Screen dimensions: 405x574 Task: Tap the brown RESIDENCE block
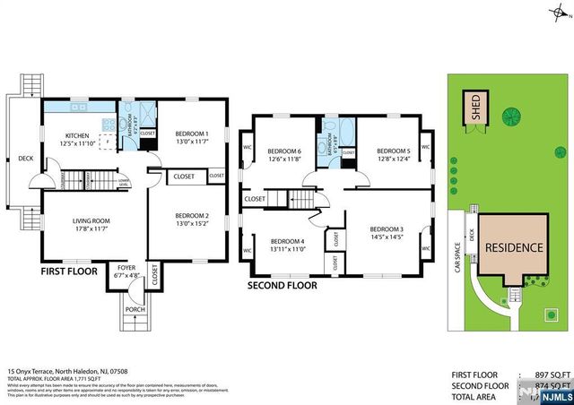(514, 247)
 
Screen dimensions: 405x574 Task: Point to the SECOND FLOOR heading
(283, 288)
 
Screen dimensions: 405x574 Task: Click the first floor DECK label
(24, 159)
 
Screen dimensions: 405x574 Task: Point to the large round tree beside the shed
(513, 116)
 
